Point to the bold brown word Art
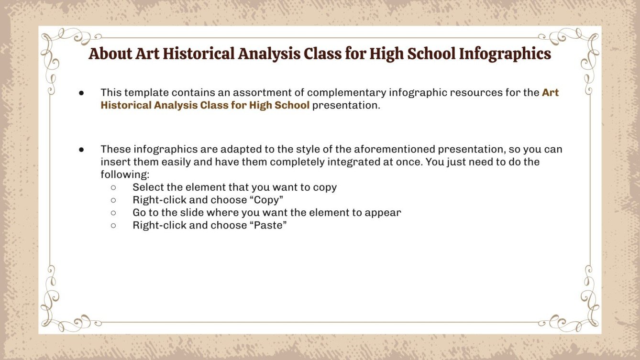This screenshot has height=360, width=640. pos(550,92)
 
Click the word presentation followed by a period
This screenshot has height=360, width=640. pos(346,105)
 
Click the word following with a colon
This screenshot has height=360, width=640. pos(125,175)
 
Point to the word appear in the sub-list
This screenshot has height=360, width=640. pos(383,212)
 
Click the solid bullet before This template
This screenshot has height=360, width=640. pos(81,93)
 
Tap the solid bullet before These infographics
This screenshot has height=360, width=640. pos(81,150)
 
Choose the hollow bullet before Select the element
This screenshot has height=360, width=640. pos(113,187)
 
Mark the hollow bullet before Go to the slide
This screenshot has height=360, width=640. pos(113,213)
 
